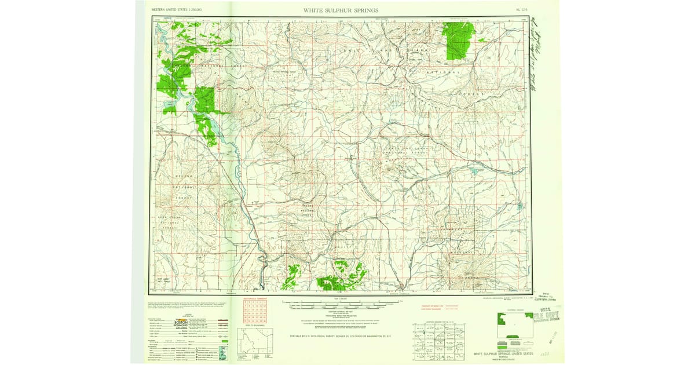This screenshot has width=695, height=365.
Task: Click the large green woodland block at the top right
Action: pyautogui.click(x=459, y=41)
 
